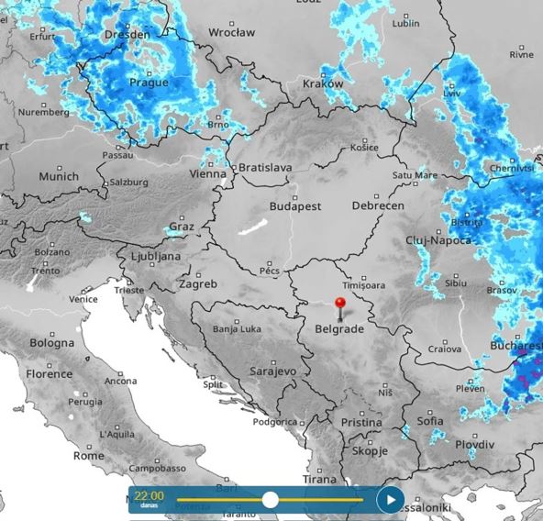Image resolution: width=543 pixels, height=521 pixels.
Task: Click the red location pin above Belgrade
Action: click(x=340, y=304)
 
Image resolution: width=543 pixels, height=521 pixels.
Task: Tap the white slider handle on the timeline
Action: click(x=271, y=500)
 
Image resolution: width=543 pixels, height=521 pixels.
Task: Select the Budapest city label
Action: click(x=294, y=206)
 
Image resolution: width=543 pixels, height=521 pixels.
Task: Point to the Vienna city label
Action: click(x=208, y=173)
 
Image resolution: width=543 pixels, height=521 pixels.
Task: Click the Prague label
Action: click(x=149, y=82)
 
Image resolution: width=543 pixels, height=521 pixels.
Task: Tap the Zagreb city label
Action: click(x=198, y=284)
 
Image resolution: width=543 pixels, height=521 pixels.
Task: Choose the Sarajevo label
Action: click(x=273, y=371)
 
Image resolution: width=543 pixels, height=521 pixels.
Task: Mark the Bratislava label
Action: click(x=265, y=168)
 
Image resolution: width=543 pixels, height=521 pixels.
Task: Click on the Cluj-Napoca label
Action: click(x=438, y=240)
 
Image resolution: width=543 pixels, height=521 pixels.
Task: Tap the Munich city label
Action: click(x=59, y=176)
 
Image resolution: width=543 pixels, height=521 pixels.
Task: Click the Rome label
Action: click(x=88, y=455)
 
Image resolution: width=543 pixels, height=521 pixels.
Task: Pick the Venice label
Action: click(x=83, y=299)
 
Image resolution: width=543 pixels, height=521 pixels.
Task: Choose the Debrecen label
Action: click(x=377, y=206)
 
